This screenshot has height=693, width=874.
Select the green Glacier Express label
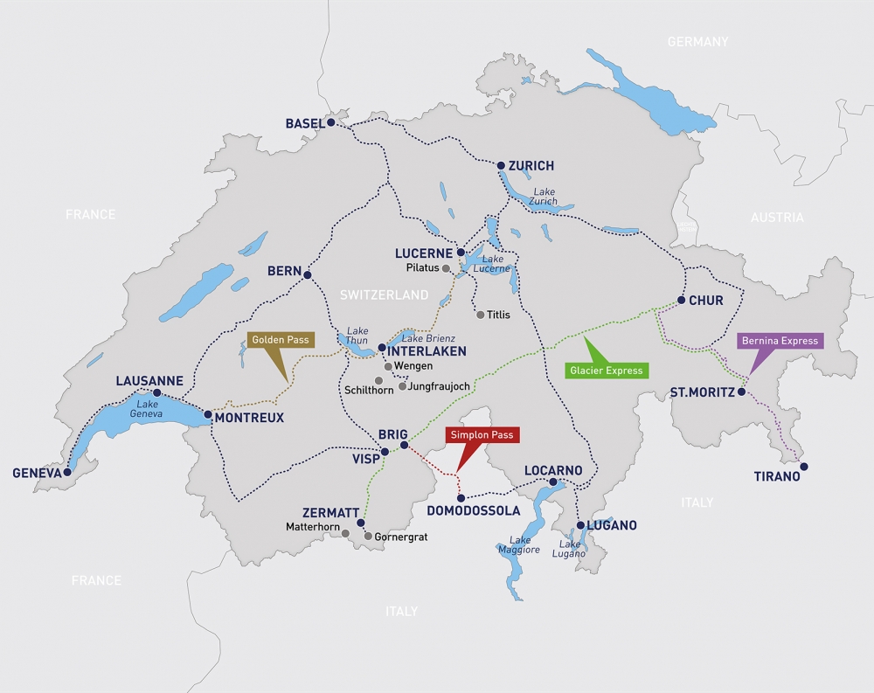coord(607,370)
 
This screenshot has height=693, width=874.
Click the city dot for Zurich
coord(501,165)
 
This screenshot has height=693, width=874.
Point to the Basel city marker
coord(332,123)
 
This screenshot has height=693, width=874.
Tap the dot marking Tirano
coord(804,467)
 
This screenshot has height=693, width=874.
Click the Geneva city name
coord(37,473)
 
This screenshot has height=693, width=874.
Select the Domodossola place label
coord(473,510)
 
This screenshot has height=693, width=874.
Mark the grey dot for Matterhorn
coord(346,533)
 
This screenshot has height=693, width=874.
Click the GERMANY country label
coord(697,42)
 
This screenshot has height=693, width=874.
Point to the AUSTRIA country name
coord(776,218)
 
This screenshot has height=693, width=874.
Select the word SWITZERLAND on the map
coord(385,295)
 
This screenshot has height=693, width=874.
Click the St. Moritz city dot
coord(741,392)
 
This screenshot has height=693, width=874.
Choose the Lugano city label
coord(612,525)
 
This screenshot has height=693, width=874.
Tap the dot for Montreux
coord(207,415)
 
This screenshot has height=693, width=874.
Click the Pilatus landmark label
coord(423,268)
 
